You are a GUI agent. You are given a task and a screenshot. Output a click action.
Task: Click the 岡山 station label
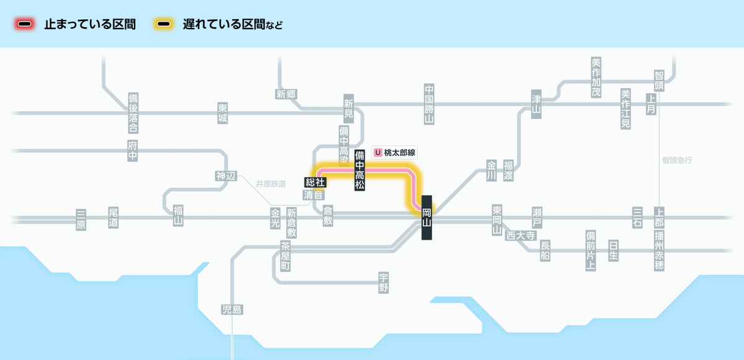(427, 217)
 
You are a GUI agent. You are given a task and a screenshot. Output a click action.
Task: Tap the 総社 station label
(315, 182)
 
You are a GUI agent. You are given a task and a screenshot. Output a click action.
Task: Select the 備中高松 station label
(360, 170)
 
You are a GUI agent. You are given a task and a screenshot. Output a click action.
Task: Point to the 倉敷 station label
(328, 216)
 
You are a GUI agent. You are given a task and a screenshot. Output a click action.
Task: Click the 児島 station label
(232, 310)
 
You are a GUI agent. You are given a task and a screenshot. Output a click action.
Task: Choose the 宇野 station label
(384, 283)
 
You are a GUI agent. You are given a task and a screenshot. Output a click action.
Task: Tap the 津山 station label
(536, 104)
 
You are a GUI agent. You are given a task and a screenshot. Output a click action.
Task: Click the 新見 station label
(348, 108)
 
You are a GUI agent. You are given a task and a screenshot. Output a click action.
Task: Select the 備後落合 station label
(133, 113)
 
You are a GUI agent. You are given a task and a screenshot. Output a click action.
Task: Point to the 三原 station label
(81, 219)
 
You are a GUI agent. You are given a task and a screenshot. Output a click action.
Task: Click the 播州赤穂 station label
(659, 251)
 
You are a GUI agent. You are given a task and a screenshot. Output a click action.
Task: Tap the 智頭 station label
(659, 81)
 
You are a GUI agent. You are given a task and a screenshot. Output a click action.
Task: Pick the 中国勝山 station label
(429, 104)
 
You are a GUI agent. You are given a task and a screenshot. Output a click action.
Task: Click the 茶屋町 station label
(285, 256)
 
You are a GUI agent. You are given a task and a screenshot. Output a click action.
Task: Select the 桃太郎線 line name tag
(394, 152)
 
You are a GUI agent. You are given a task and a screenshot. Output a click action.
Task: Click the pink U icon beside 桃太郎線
(378, 152)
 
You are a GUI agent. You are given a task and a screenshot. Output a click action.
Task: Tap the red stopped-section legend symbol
(25, 24)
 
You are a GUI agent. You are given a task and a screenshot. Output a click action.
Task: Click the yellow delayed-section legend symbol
(164, 24)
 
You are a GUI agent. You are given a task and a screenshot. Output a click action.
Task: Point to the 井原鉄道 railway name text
(271, 184)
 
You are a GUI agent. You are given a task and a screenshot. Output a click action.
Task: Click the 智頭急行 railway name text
(677, 160)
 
